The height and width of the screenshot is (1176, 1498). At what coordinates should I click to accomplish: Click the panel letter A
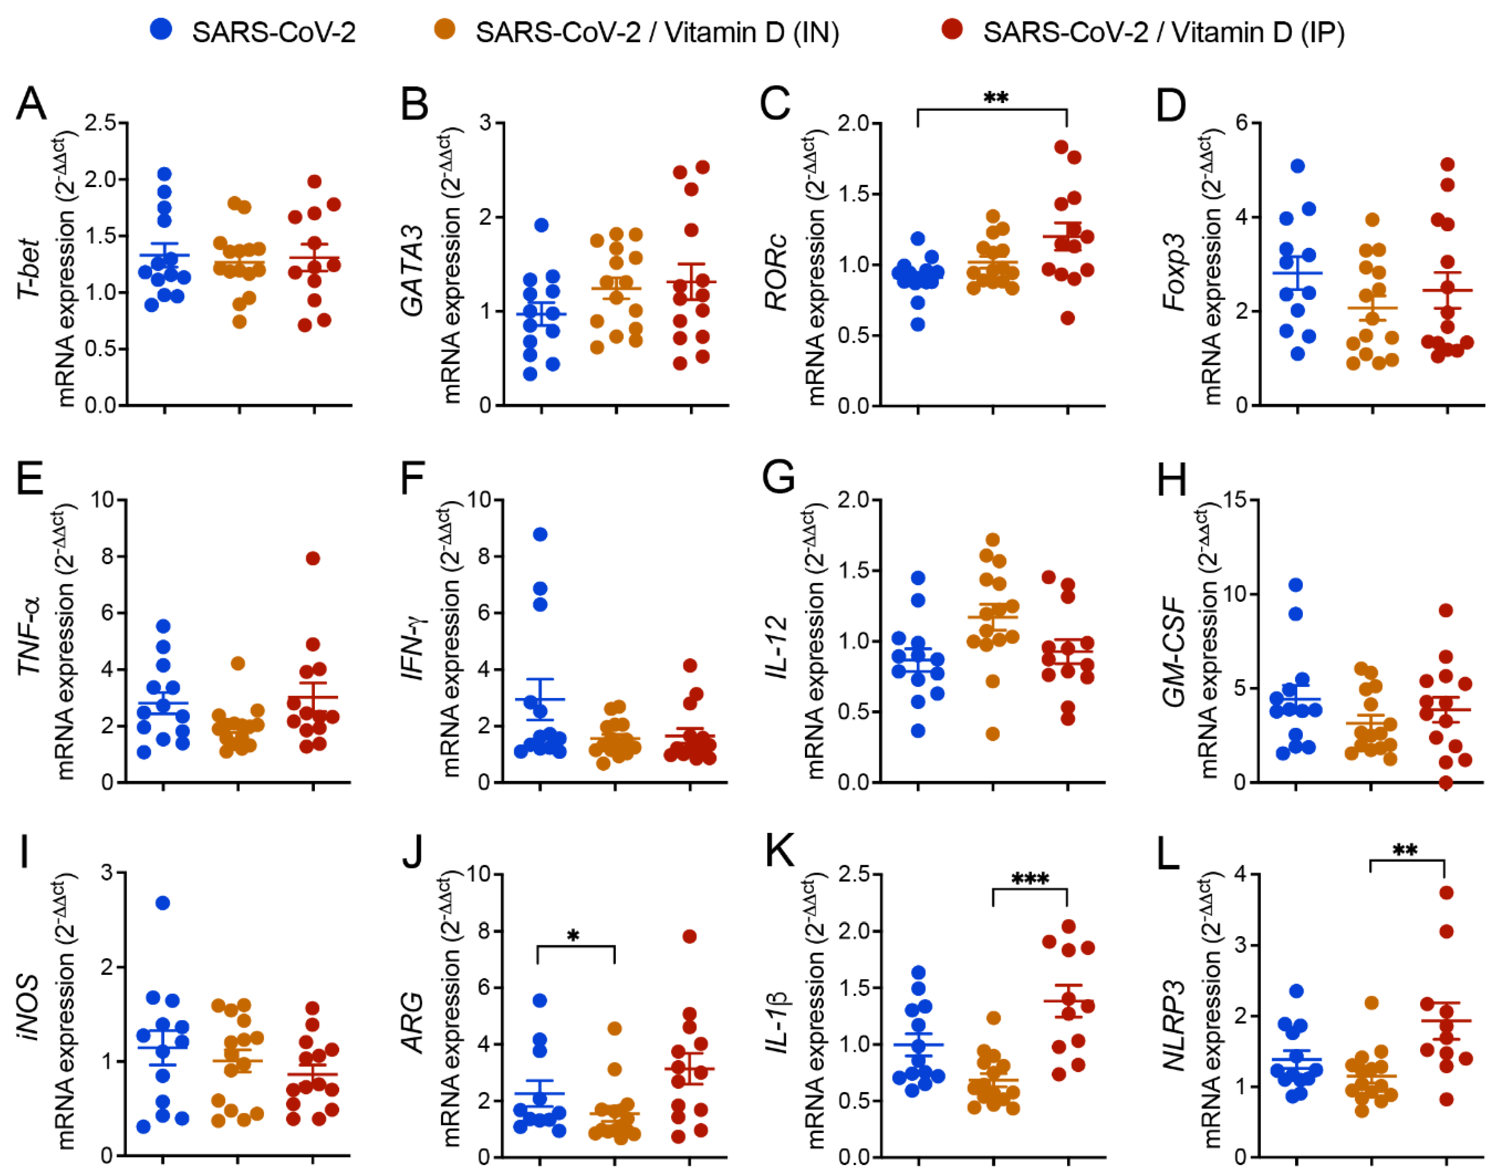pos(32,103)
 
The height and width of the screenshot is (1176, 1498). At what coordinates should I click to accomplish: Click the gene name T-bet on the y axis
pos(29,269)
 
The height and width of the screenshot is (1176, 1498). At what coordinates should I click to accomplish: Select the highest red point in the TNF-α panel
pos(313,558)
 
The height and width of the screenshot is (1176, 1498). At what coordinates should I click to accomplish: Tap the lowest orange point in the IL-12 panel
pos(992,734)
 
